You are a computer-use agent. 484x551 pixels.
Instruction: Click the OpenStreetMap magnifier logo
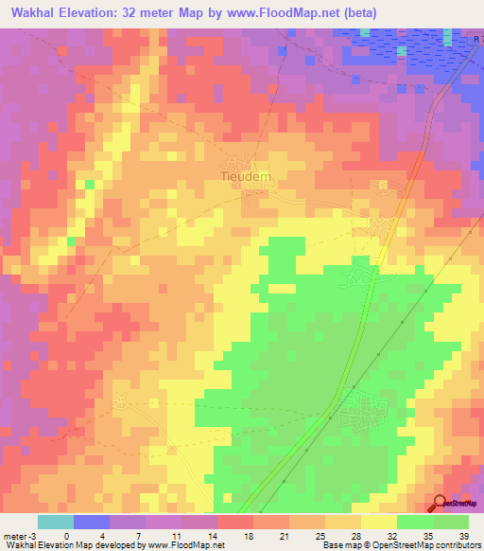pyautogui.click(x=441, y=505)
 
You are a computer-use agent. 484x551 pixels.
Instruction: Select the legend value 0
pyautogui.click(x=66, y=535)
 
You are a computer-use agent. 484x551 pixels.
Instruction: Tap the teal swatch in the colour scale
pyautogui.click(x=55, y=522)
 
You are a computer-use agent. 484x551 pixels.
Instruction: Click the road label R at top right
pyautogui.click(x=477, y=39)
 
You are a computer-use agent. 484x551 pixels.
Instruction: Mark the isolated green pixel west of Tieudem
pyautogui.click(x=89, y=185)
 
